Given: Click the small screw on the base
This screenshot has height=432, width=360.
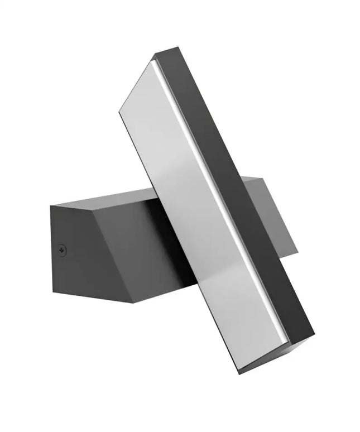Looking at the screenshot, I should (63, 249).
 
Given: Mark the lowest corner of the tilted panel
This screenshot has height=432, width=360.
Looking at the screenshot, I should (241, 373).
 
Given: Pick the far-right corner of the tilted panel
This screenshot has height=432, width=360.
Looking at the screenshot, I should (314, 338).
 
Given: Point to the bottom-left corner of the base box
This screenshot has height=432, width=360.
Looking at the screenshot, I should (52, 287).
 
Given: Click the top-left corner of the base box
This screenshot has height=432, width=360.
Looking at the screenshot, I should (50, 206).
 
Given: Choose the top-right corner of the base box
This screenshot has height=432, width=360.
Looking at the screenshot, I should (262, 177).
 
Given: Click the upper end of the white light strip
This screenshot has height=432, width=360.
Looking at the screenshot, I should (153, 63).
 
